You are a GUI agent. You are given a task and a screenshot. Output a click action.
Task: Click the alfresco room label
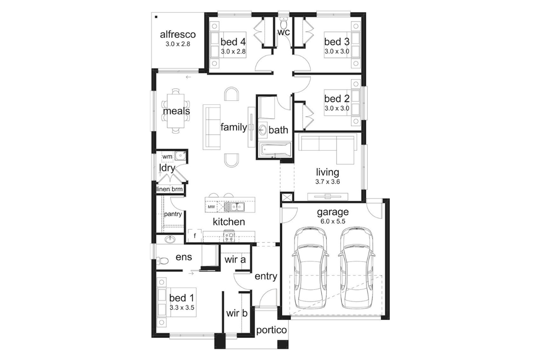click(x=178, y=35)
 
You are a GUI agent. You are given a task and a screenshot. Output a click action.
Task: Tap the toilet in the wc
click(x=284, y=22)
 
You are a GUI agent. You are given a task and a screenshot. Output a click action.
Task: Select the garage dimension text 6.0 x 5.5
click(x=333, y=221)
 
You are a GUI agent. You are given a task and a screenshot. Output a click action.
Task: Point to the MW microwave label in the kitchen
click(x=211, y=207)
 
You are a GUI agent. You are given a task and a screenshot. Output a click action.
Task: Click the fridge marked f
click(x=195, y=236)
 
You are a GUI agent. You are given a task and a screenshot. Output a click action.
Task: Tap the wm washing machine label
click(x=167, y=157)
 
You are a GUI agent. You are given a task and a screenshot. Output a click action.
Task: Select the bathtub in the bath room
click(x=275, y=149)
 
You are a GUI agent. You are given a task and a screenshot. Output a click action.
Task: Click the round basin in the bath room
click(x=263, y=130)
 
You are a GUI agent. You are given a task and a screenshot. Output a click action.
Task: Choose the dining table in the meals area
click(x=175, y=111)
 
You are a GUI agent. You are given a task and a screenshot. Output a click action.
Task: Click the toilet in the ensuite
click(x=162, y=261)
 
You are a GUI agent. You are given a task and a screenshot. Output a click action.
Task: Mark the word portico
click(x=271, y=330)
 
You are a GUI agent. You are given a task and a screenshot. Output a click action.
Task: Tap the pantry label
click(x=173, y=214)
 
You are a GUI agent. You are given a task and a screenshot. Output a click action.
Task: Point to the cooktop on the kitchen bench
click(x=229, y=236)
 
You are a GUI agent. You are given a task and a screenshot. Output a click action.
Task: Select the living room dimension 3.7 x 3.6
click(x=328, y=181)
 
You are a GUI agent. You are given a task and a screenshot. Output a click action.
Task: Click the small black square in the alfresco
click(x=156, y=17)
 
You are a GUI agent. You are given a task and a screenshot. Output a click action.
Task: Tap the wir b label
click(x=237, y=313)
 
